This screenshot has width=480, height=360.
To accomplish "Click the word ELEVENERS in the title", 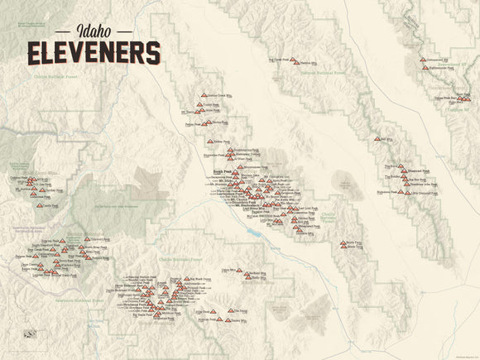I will tap(93, 53).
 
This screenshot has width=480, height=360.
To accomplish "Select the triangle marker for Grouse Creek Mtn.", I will tap(202, 96).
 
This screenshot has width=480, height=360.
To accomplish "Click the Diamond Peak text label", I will tap(422, 172).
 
